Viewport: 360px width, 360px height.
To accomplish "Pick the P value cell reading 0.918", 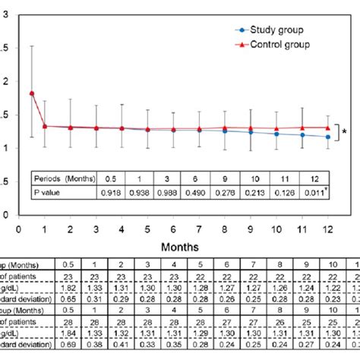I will point(112,194).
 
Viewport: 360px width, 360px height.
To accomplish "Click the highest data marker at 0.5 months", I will point(31,93).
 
